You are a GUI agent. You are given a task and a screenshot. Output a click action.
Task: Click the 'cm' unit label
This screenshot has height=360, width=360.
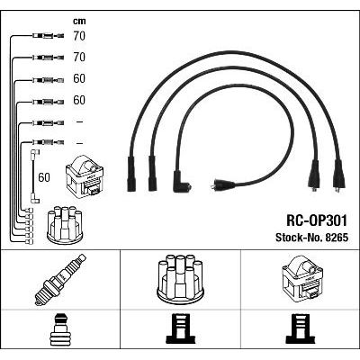79,21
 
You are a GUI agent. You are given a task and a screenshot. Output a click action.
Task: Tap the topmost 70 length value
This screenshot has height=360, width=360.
79,36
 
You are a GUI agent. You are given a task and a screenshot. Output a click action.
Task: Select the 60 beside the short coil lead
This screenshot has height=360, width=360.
44,177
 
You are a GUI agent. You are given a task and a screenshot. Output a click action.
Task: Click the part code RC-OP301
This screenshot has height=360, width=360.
317,220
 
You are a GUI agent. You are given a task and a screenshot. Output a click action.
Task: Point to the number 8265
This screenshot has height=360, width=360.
336,238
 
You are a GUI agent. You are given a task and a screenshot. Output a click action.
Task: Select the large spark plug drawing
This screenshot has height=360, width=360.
60,280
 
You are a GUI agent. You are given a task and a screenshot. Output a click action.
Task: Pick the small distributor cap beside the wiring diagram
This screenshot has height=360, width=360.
66,225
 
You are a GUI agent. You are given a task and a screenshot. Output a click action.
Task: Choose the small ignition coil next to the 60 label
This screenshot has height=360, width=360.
85,175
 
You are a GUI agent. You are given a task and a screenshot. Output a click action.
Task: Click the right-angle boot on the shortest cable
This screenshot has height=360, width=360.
182,182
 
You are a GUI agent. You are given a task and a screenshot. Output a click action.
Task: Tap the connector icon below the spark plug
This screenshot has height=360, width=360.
60,329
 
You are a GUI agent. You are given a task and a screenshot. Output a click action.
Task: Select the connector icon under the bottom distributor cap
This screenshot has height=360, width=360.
181,328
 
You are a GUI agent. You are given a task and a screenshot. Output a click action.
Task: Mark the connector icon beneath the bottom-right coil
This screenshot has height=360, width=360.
301,328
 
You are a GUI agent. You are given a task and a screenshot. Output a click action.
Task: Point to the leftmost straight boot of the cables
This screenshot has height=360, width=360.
131,174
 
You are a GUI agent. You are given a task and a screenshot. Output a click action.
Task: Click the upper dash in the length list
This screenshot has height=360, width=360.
79,122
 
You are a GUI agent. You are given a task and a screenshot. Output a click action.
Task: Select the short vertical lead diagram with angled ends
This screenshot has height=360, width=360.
34,176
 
